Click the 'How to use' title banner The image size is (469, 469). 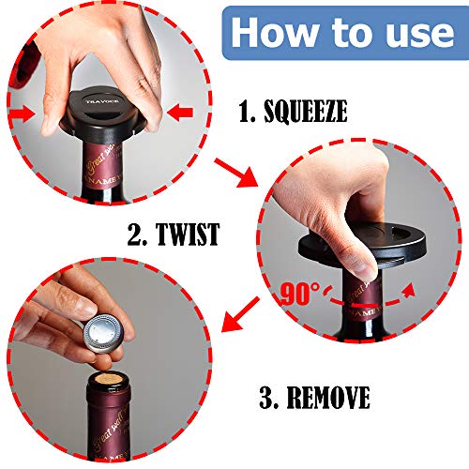(341, 32)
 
